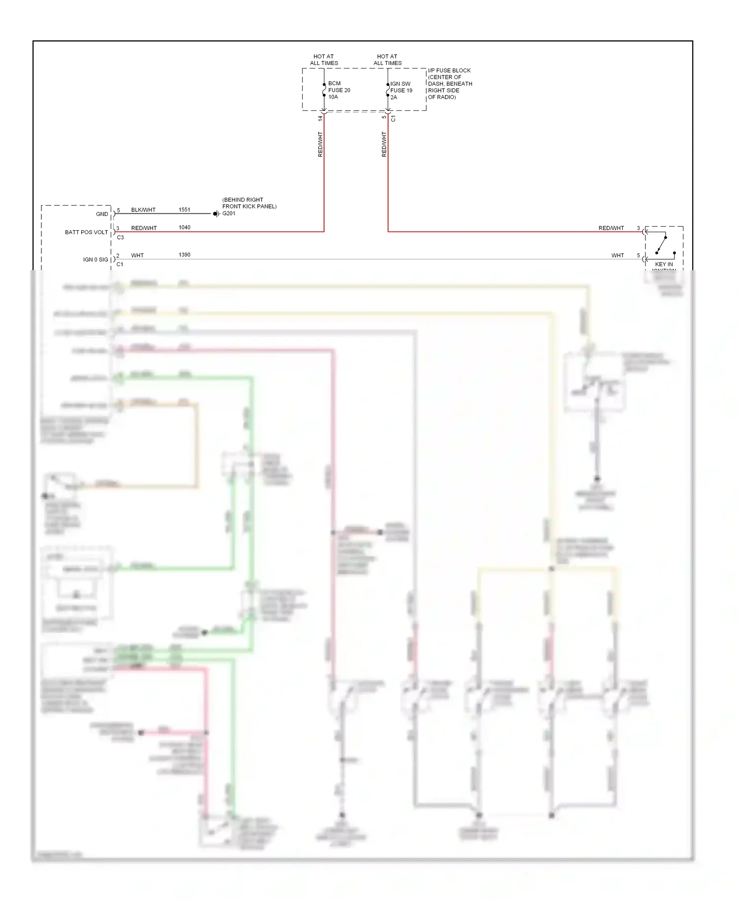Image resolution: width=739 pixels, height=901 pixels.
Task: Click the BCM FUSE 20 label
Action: coord(339,90)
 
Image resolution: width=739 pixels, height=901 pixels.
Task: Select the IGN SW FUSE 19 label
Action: coord(401,91)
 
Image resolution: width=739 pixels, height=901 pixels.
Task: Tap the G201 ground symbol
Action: coord(216,214)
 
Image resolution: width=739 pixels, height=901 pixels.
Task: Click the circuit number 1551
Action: coord(184,210)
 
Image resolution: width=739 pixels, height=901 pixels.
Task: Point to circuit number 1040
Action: coord(184,228)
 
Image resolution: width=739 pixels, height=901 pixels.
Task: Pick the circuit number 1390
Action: coord(184,255)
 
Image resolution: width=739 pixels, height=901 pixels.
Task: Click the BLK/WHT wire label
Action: coord(143,210)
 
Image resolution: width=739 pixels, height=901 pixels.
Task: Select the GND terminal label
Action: coord(102,214)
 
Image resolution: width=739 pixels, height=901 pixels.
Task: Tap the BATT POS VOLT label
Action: coord(86,232)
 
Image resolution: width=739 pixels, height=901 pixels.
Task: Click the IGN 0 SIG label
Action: coord(96,260)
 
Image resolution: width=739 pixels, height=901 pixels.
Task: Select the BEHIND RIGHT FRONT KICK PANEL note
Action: coord(249,203)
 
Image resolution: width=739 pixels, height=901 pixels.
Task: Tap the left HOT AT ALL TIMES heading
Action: coord(324,60)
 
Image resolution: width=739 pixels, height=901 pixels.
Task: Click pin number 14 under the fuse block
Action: coord(320,118)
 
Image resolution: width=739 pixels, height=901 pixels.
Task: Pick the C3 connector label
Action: coord(120,238)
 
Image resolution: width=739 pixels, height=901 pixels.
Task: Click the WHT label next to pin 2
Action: coord(137,255)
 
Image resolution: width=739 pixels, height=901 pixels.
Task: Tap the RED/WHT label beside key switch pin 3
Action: coord(611,228)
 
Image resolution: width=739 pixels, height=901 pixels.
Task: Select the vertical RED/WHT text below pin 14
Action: coord(320,144)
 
